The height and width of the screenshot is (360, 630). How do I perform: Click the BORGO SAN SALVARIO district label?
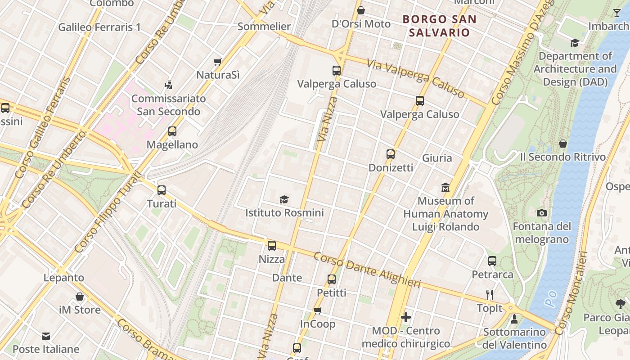point(439,26)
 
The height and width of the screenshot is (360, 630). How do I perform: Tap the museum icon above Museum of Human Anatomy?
point(445,187)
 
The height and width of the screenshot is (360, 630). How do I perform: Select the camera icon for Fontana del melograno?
point(542,213)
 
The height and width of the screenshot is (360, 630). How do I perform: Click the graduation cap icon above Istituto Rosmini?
point(284,199)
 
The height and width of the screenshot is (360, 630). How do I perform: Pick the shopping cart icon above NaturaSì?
point(218,62)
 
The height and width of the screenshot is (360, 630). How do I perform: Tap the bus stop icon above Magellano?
point(172,131)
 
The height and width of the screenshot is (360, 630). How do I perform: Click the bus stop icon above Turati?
point(162,190)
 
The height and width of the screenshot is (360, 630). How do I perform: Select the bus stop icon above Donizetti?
point(391,154)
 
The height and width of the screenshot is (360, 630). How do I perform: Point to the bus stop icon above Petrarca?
point(492,261)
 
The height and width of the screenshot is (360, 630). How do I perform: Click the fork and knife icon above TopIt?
point(490,295)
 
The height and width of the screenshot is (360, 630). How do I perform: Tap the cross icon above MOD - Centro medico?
point(406,317)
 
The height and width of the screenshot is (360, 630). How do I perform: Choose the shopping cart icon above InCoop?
point(318,310)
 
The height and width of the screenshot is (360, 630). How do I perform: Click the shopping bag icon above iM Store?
point(80,297)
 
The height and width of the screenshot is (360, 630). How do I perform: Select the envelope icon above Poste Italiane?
point(46,336)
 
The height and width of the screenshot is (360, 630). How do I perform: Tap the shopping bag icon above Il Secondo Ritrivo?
point(562,144)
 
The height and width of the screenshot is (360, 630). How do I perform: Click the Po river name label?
point(552,298)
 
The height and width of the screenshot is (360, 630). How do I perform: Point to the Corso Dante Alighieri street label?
point(367,270)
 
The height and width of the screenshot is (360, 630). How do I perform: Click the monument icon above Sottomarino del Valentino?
point(514,319)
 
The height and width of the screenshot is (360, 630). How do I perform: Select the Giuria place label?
point(437,158)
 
